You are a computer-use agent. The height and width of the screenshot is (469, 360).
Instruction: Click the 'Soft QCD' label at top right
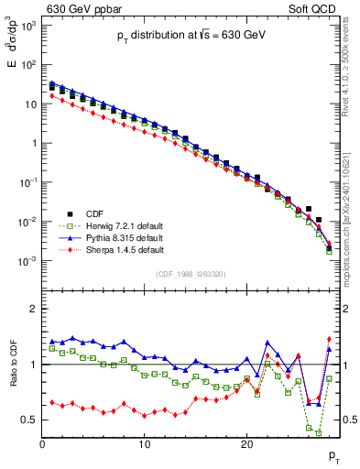[312, 9]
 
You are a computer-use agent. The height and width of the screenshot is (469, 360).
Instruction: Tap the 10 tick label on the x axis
[144, 444]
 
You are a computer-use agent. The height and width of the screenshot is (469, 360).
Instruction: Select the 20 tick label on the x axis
[246, 444]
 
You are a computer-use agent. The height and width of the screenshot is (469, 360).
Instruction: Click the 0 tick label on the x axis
[42, 444]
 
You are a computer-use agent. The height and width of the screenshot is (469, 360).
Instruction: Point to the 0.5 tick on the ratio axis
[29, 420]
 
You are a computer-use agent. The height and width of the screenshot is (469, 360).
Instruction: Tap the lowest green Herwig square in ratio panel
[319, 431]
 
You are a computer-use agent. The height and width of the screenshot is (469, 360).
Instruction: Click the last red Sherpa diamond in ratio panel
[329, 340]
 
